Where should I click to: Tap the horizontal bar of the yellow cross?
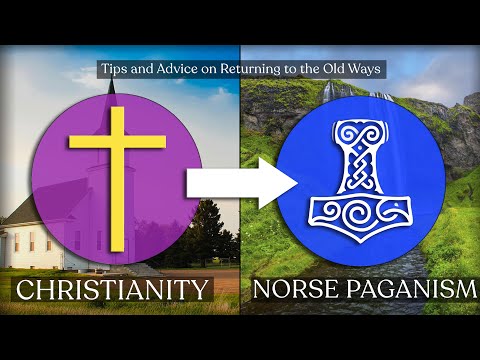point(118,142)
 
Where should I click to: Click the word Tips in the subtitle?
point(112,70)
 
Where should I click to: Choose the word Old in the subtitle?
point(336,70)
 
